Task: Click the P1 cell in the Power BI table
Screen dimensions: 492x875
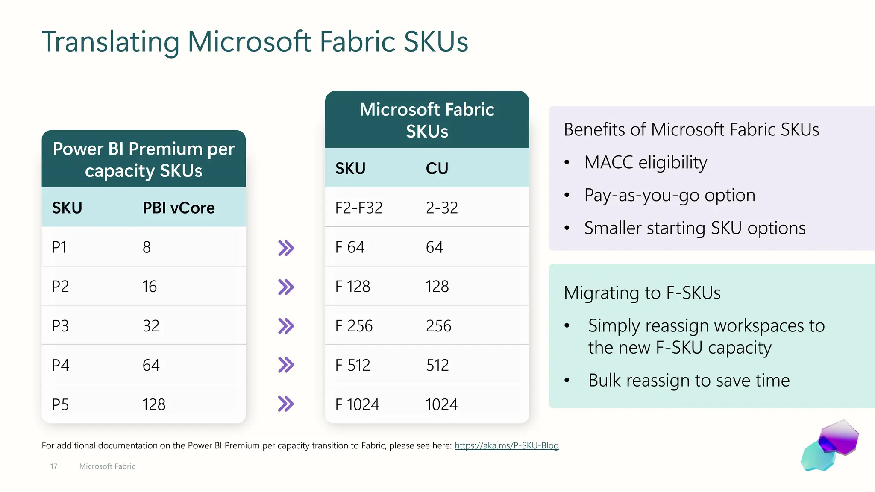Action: pyautogui.click(x=59, y=247)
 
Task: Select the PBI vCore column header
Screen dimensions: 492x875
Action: pyautogui.click(x=179, y=208)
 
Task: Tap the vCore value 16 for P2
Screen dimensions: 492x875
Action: pyautogui.click(x=150, y=287)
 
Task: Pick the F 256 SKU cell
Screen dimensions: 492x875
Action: pyautogui.click(x=354, y=326)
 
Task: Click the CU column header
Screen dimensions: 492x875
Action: pyautogui.click(x=437, y=168)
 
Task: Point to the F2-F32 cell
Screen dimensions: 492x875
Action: pyautogui.click(x=359, y=208)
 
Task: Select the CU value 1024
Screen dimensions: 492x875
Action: pyautogui.click(x=441, y=404)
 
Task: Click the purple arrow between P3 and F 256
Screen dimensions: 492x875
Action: pyautogui.click(x=286, y=326)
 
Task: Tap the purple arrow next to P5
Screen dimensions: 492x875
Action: pyautogui.click(x=286, y=404)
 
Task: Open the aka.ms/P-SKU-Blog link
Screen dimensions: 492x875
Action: pyautogui.click(x=506, y=445)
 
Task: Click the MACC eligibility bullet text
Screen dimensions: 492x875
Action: pyautogui.click(x=646, y=162)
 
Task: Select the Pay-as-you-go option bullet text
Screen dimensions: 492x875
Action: pyautogui.click(x=669, y=195)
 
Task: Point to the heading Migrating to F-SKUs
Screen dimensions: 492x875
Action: pyautogui.click(x=642, y=293)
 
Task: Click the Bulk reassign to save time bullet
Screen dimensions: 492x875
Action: pyautogui.click(x=689, y=380)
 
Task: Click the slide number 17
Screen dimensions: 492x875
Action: pyautogui.click(x=54, y=466)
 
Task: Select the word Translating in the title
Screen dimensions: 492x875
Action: pyautogui.click(x=110, y=42)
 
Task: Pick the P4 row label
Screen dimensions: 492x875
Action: pyautogui.click(x=60, y=365)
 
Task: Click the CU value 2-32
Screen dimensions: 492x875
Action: pyautogui.click(x=442, y=208)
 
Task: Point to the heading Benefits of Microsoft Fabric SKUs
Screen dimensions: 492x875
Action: pyautogui.click(x=691, y=129)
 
